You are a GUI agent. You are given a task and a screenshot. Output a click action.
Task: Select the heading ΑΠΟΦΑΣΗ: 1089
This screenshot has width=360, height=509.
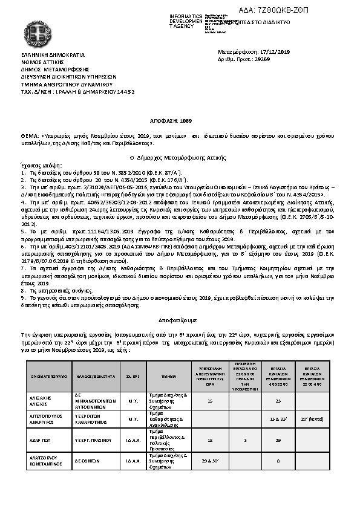pyautogui.click(x=179, y=122)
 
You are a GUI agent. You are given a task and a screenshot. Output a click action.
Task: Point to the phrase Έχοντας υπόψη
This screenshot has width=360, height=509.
pyautogui.click(x=37, y=164)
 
